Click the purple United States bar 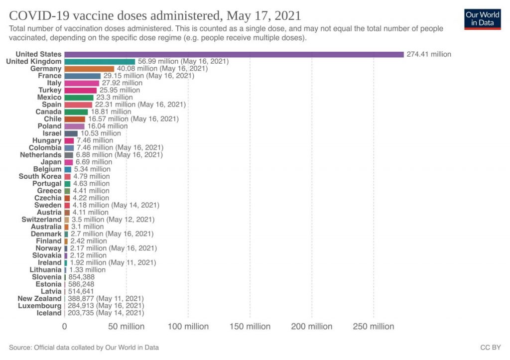pos(234,54)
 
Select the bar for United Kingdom pos(100,61)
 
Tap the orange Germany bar pos(89,69)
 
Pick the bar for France pos(82,76)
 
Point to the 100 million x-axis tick pos(188,327)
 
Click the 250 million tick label pos(374,327)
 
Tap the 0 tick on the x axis pos(64,327)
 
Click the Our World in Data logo pos(482,19)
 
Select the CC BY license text pos(490,347)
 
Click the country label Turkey pos(50,90)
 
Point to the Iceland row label pos(49,313)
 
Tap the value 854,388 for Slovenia pos(81,277)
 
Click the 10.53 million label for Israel pos(101,133)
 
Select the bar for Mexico pos(79,98)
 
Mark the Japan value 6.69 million pos(94,162)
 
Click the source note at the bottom pos(84,347)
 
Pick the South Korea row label pos(40,176)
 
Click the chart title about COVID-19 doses pos(155,14)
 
